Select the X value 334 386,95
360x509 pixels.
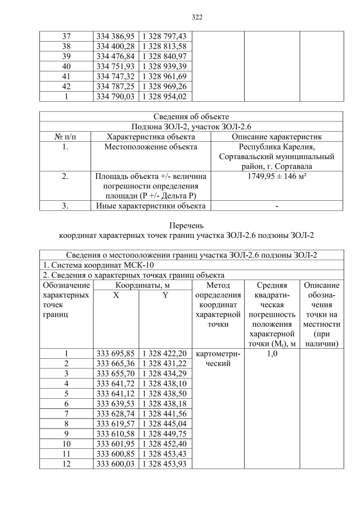115,36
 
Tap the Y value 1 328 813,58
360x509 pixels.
165,46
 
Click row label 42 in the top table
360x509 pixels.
66,87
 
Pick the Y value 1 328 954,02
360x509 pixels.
165,97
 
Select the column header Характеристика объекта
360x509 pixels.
151,137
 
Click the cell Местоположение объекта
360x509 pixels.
151,147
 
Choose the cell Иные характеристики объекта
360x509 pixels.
151,206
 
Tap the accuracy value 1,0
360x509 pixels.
272,354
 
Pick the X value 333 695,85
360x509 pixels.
115,354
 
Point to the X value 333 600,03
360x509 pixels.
115,464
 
